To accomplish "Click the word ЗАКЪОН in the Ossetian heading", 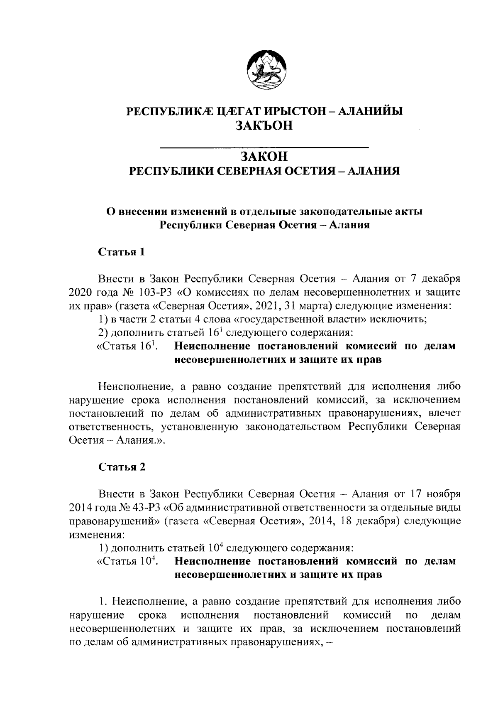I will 264,125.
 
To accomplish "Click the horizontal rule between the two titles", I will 264,147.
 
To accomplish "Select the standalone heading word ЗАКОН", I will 264,157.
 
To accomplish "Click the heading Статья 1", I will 121,252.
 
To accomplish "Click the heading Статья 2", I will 122,467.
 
